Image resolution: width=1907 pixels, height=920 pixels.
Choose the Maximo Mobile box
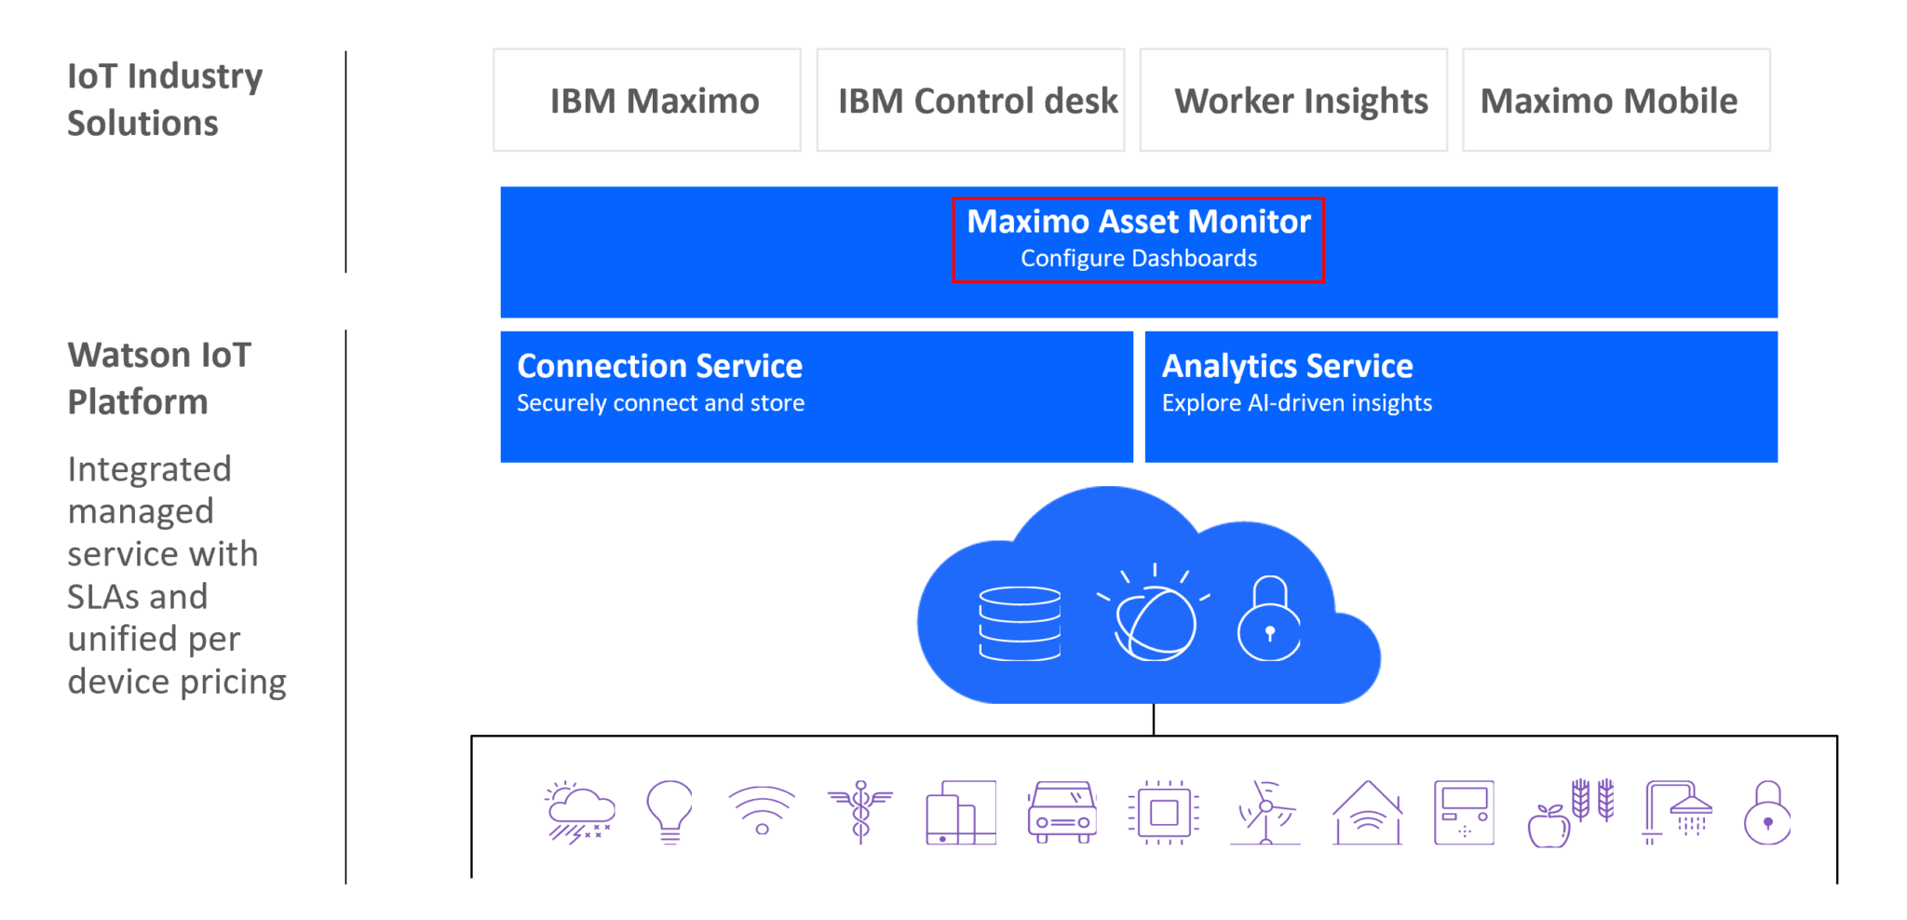coord(1616,101)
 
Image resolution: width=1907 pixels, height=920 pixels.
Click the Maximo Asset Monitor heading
coord(1138,222)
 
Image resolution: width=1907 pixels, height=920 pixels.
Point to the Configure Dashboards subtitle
coord(1138,259)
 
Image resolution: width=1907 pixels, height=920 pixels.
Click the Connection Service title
coord(659,366)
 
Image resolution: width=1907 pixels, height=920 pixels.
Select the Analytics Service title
coord(1287,366)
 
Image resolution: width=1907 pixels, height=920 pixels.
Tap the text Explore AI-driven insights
coord(1296,403)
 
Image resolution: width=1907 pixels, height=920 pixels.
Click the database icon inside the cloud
coord(1020,623)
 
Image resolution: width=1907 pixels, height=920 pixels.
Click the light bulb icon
coord(669,811)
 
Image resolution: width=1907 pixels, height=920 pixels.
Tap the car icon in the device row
coord(1062,812)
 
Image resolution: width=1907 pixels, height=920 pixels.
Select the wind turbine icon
coord(1265,812)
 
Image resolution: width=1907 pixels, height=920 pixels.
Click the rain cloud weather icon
coord(579,812)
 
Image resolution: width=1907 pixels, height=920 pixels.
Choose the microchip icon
coord(1163,812)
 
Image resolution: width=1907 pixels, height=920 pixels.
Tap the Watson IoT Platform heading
coord(159,378)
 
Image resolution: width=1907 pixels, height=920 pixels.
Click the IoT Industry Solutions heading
coord(164,99)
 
